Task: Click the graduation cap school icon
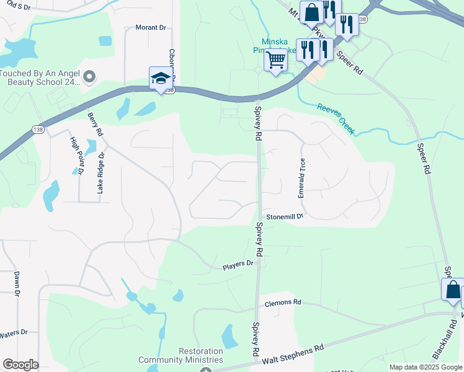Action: click(x=161, y=79)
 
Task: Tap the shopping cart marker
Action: click(x=275, y=61)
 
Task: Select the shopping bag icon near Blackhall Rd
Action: click(x=453, y=289)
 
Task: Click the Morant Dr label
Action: click(x=151, y=28)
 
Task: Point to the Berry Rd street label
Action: click(x=94, y=125)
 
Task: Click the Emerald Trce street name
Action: click(x=302, y=178)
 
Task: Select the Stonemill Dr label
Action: click(x=285, y=217)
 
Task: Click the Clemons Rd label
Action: click(x=282, y=303)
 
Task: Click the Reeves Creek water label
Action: click(x=336, y=118)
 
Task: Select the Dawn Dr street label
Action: click(x=17, y=284)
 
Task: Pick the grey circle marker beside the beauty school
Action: click(x=89, y=77)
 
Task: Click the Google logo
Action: click(x=20, y=365)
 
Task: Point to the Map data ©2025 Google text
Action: click(x=425, y=367)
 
